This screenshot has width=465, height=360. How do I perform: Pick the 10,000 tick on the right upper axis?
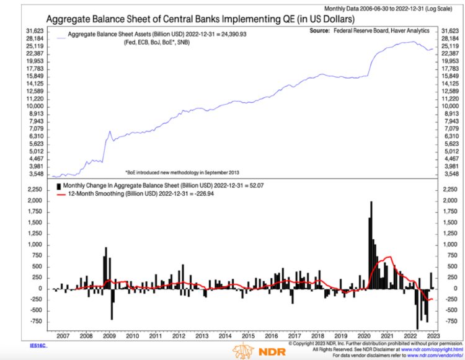click(x=447, y=106)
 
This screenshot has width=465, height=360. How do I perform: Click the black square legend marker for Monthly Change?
click(x=60, y=185)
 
